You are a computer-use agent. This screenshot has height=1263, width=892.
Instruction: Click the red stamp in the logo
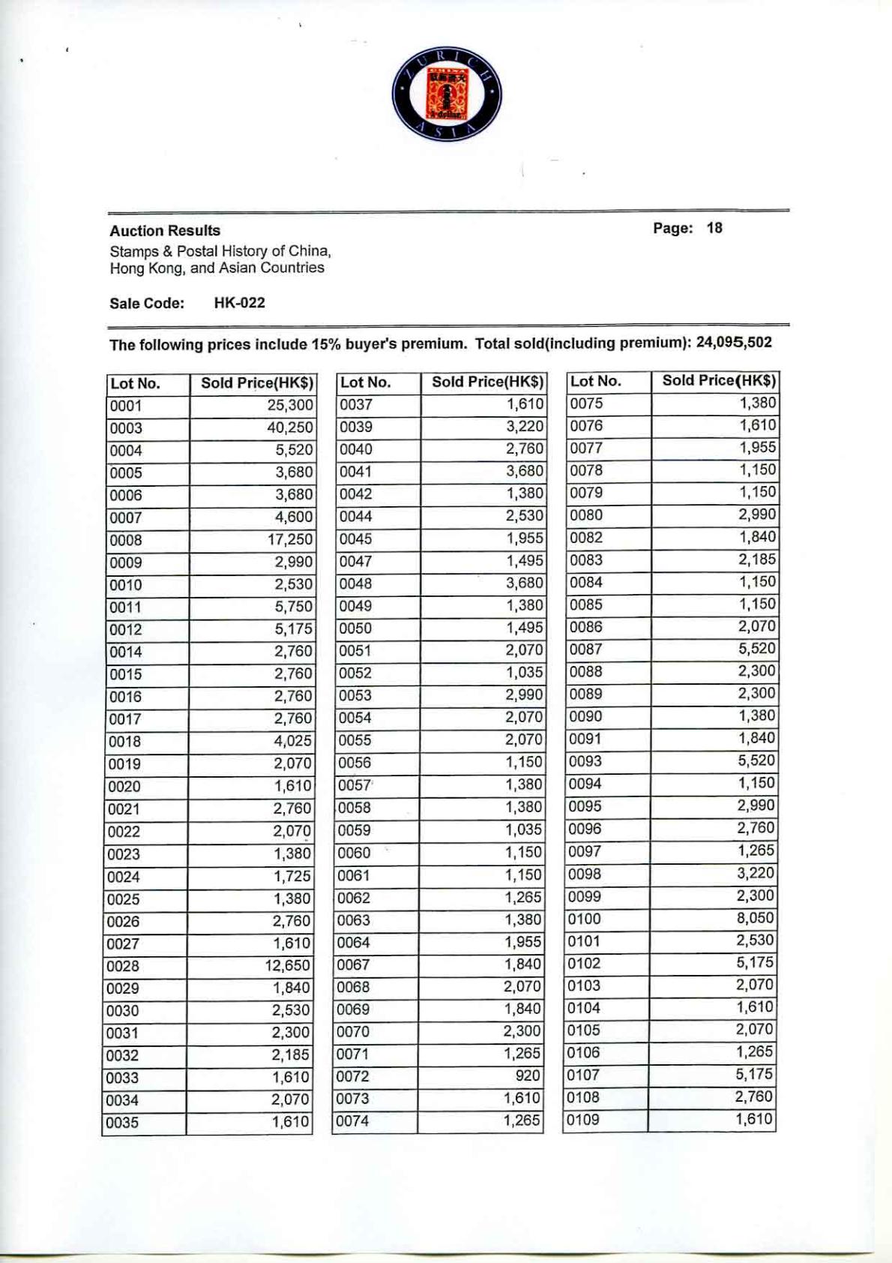tap(447, 95)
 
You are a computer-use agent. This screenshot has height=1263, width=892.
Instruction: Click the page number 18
tap(714, 228)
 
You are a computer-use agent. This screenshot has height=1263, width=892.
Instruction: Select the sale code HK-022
tap(239, 303)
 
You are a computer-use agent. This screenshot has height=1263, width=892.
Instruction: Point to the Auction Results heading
tap(165, 230)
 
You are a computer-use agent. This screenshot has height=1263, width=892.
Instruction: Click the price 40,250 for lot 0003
tap(289, 428)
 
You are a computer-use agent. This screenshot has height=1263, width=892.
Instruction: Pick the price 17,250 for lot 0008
tap(289, 540)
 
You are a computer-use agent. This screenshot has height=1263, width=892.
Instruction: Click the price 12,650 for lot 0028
tap(288, 966)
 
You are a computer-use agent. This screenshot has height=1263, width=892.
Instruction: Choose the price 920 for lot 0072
tap(528, 1076)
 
